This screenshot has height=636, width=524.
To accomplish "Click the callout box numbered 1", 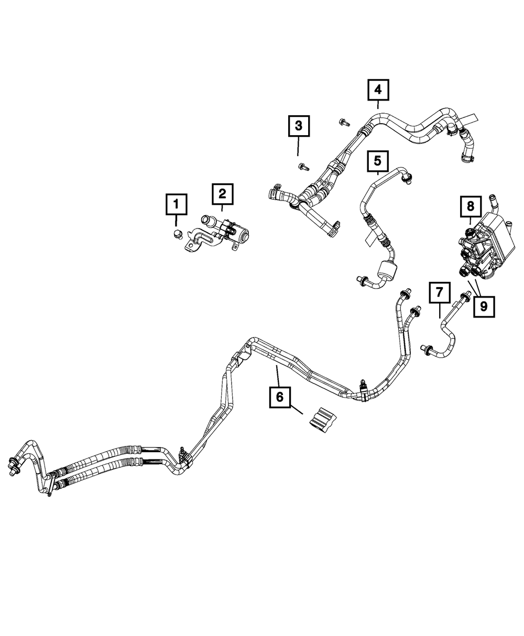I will pyautogui.click(x=177, y=204).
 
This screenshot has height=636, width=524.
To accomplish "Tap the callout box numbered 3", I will pyautogui.click(x=298, y=126).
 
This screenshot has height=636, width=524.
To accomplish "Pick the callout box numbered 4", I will pyautogui.click(x=378, y=90).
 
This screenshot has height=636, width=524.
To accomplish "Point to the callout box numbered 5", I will pyautogui.click(x=378, y=159).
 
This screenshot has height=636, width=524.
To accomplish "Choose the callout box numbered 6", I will pyautogui.click(x=279, y=397).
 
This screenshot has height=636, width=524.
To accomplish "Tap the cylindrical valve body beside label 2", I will pyautogui.click(x=241, y=233).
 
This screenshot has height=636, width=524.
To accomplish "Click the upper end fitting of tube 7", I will pyautogui.click(x=465, y=297).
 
